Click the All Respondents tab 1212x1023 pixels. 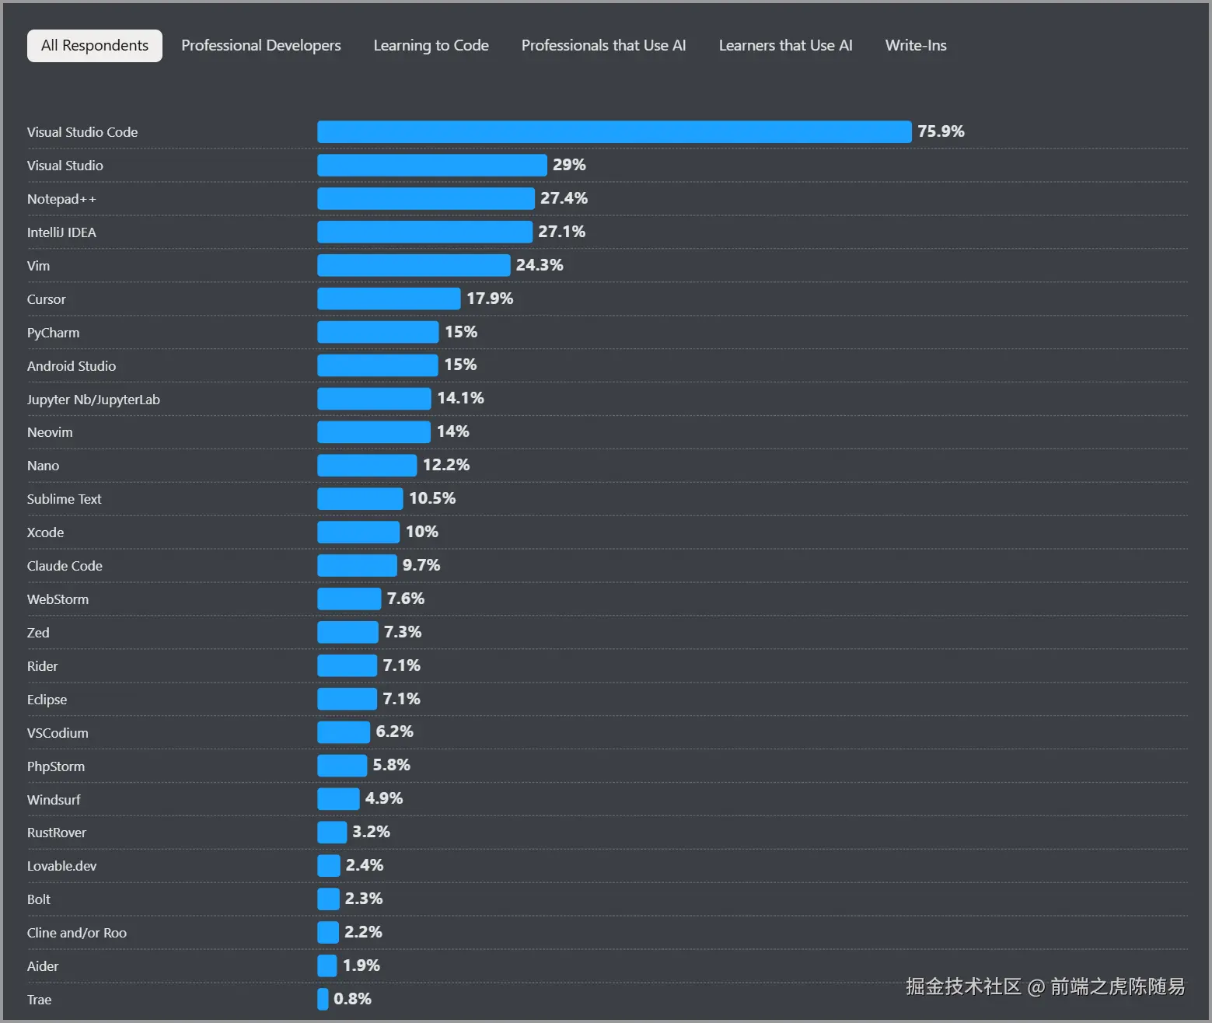94,46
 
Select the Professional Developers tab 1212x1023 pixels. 260,46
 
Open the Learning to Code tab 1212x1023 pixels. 431,46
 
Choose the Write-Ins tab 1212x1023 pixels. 915,46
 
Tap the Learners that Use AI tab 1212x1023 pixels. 785,46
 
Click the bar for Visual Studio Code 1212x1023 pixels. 613,132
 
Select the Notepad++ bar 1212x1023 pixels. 425,199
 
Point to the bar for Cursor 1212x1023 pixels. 389,299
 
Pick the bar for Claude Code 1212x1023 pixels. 357,565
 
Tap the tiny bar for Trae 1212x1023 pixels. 323,999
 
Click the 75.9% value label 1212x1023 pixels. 941,131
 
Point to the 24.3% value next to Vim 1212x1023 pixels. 540,265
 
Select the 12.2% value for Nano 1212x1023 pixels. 446,465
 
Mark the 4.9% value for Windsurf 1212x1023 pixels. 384,798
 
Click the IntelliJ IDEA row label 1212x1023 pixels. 61,232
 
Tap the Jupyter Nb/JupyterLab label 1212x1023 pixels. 93,400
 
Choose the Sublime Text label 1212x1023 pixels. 64,499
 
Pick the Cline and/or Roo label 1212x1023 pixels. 76,933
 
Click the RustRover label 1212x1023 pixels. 56,833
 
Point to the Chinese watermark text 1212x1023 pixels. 1045,986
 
